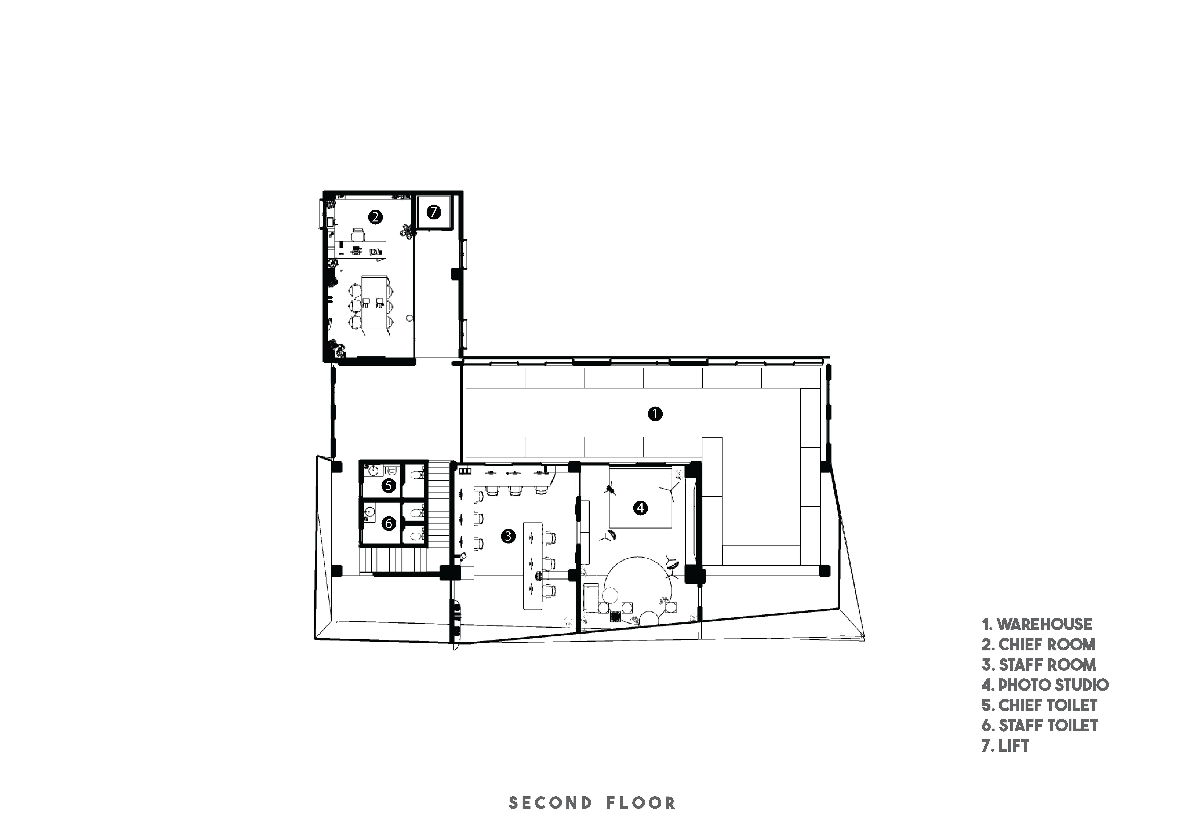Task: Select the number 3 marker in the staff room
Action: pos(508,536)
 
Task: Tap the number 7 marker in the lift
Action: pos(434,212)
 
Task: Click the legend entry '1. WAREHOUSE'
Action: pos(1037,625)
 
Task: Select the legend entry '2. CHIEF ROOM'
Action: pos(1039,645)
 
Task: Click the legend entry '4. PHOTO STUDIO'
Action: pos(1045,685)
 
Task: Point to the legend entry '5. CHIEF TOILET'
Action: pos(1040,705)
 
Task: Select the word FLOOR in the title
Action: pos(641,803)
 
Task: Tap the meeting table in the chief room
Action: pos(375,306)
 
